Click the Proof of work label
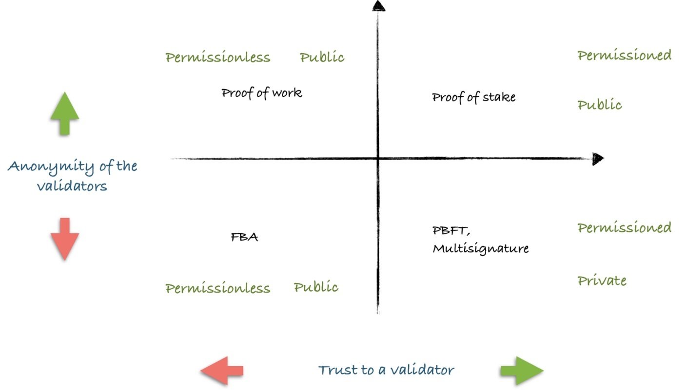point(262,93)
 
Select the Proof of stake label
point(473,97)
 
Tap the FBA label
point(244,237)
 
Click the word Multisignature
point(481,248)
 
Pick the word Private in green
point(602,280)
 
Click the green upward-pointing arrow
point(64,113)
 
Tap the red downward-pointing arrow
point(64,239)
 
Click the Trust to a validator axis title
point(386,370)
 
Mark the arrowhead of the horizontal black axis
point(598,159)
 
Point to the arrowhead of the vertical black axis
point(378,5)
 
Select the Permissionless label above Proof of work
point(217,57)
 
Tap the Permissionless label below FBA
point(217,288)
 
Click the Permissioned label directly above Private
point(624,227)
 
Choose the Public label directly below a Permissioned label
point(600,105)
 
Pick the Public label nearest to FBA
point(316,287)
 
